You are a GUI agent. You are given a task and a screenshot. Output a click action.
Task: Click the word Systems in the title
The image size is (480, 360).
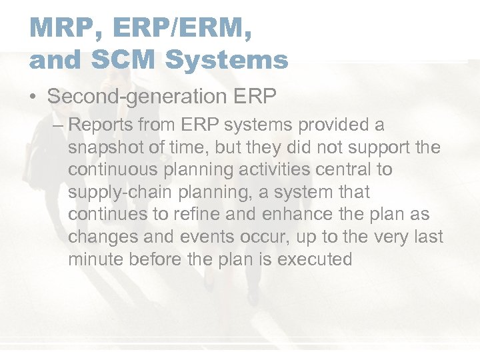point(227,60)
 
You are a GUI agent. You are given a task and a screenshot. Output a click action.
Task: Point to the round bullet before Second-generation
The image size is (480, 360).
point(33,97)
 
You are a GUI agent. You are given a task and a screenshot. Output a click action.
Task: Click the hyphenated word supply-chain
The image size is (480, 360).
point(116,192)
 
